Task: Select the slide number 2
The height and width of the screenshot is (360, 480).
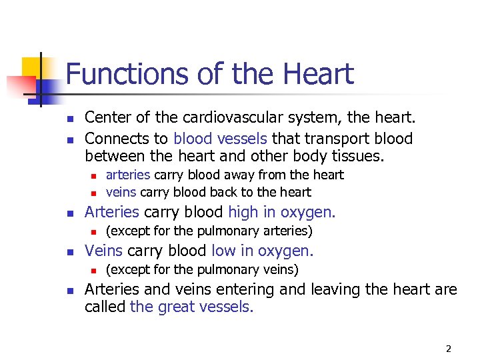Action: (449, 348)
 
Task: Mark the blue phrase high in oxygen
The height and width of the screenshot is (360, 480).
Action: (282, 213)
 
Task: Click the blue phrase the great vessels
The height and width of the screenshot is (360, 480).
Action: (192, 307)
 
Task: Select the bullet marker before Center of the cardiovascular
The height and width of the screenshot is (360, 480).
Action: (69, 119)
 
